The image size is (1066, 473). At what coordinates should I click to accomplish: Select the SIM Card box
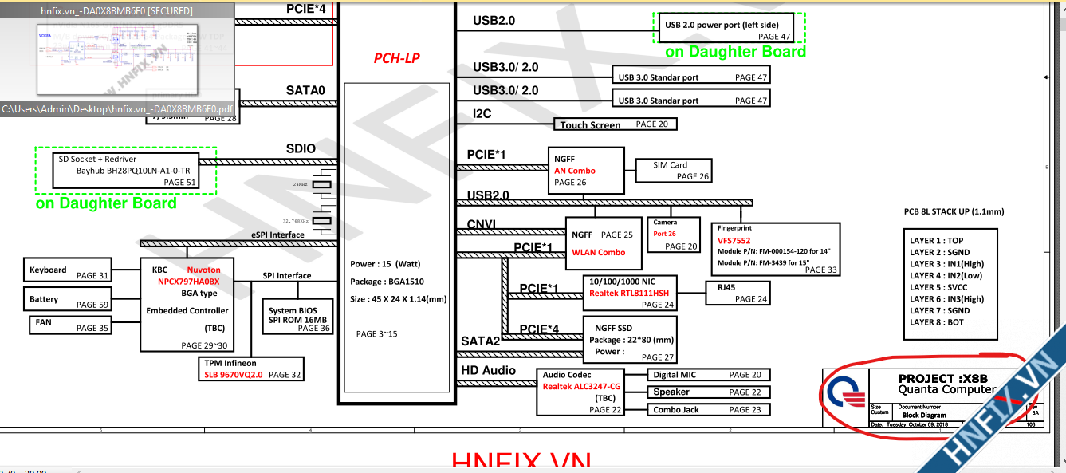pyautogui.click(x=671, y=170)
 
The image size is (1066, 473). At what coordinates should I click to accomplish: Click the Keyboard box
pyautogui.click(x=68, y=270)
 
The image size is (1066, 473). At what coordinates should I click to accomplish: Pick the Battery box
pyautogui.click(x=68, y=299)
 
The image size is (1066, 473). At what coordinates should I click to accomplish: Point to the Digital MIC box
pyautogui.click(x=707, y=375)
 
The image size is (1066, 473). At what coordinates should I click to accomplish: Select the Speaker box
pyautogui.click(x=707, y=392)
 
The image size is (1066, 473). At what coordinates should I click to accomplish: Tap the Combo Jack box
pyautogui.click(x=707, y=409)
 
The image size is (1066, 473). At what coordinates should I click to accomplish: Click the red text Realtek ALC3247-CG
pyautogui.click(x=581, y=386)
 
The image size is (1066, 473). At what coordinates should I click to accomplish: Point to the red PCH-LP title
pyautogui.click(x=396, y=58)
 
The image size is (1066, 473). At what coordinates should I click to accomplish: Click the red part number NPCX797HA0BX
pyautogui.click(x=188, y=282)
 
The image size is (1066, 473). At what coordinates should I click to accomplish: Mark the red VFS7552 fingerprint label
pyautogui.click(x=734, y=239)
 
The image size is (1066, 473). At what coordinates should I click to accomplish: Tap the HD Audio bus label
pyautogui.click(x=488, y=370)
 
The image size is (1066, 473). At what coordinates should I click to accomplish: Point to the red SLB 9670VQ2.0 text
pyautogui.click(x=234, y=374)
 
